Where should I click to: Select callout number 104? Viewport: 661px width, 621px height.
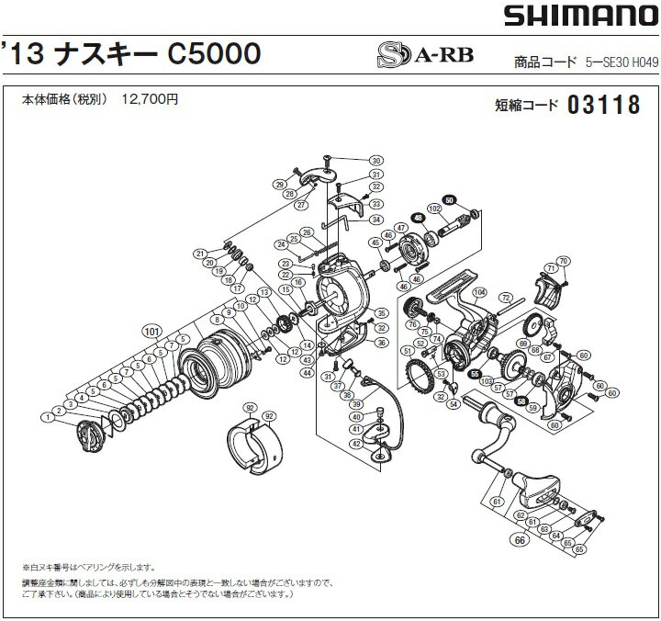coord(478,292)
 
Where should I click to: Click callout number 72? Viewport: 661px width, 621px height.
coord(504,298)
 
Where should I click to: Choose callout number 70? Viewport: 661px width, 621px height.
coord(563,260)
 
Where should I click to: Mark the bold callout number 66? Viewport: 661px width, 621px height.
coord(520,539)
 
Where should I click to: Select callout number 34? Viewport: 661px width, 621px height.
coord(375,220)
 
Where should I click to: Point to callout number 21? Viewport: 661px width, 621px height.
coord(198,254)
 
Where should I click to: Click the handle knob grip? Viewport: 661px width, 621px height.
coord(536,484)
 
